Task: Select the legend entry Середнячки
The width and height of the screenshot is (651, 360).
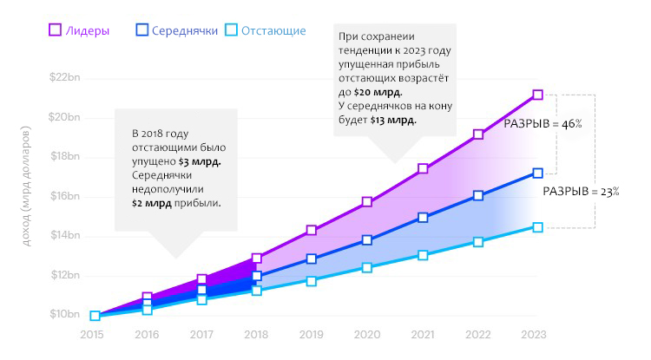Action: (x=177, y=31)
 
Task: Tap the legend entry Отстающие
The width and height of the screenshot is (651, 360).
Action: (x=265, y=31)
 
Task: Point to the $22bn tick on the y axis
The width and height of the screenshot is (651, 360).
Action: (x=65, y=77)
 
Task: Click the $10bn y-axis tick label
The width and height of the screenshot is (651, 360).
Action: (x=65, y=315)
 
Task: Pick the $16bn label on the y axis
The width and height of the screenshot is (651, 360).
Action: (x=65, y=196)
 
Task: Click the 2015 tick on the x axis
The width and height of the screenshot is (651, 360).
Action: (x=92, y=334)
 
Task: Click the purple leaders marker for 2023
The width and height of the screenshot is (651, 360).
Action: (x=538, y=95)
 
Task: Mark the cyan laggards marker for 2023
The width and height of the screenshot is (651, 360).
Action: (x=538, y=227)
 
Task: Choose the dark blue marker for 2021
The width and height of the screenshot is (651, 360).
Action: (x=424, y=217)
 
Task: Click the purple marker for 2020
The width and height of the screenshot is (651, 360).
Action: (x=367, y=202)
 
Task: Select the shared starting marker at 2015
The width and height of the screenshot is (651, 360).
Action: (x=95, y=316)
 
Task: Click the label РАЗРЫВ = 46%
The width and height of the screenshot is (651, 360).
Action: (x=542, y=124)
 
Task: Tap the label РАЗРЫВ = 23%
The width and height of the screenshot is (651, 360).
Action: (x=581, y=192)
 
